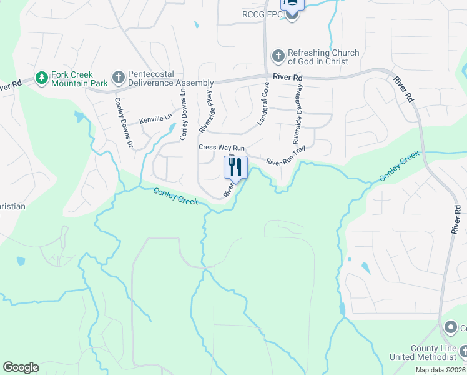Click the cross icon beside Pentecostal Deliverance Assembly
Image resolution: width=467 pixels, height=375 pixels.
pyautogui.click(x=117, y=78)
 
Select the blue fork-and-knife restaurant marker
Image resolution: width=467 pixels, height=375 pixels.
pyautogui.click(x=235, y=167)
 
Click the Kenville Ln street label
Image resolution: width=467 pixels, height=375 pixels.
pyautogui.click(x=155, y=118)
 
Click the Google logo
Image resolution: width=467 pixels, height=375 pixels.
pyautogui.click(x=21, y=367)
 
